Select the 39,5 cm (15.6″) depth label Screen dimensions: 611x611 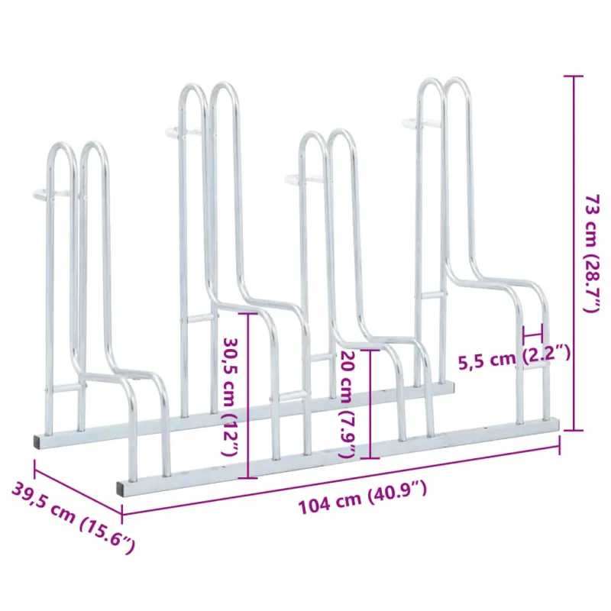[73, 517]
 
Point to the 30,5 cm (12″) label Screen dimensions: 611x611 [231, 396]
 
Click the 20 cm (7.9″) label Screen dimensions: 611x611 [348, 405]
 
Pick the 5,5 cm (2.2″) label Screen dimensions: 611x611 [514, 357]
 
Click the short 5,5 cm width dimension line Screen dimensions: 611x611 [532, 334]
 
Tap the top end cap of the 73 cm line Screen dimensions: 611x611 [573, 76]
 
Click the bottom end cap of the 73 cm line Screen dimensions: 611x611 [573, 430]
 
